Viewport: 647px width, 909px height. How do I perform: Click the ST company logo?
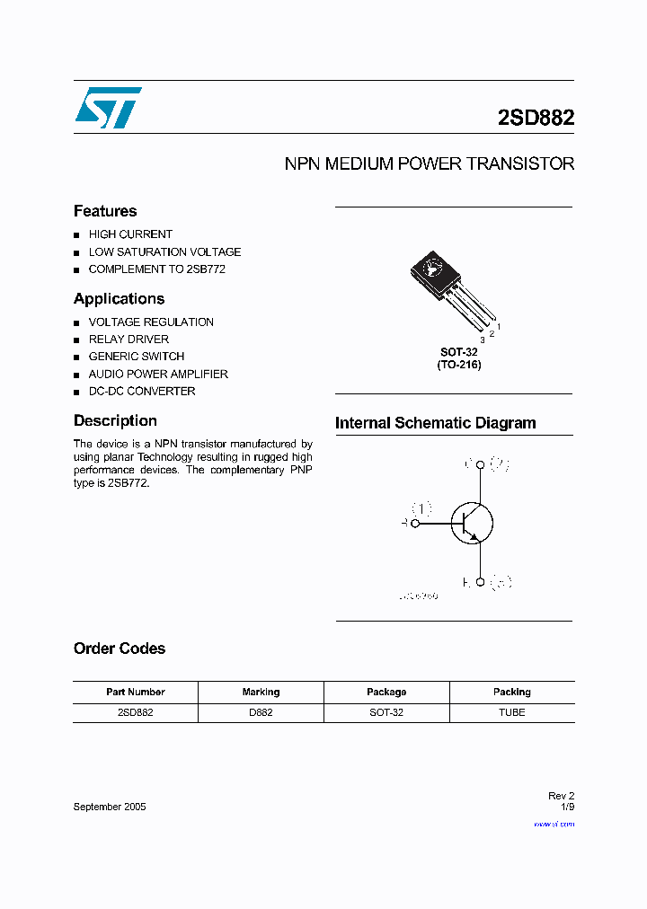pos(108,108)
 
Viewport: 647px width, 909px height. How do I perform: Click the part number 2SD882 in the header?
pos(536,119)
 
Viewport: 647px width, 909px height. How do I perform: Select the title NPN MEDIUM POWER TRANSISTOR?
pos(429,164)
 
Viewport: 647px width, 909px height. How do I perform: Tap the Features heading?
pos(105,211)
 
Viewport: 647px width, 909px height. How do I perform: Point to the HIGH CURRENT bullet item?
pos(130,234)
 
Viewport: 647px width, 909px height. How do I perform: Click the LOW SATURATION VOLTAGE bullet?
pos(164,252)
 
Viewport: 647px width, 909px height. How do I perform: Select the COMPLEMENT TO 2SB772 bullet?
pos(156,269)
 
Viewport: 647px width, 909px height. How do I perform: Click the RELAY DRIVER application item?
pos(129,340)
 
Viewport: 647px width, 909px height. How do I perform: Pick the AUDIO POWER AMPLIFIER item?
pos(158,374)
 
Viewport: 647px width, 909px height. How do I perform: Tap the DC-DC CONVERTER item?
pos(142,392)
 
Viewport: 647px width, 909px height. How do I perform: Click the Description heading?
pos(115,420)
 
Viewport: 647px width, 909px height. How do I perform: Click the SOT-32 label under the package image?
pos(458,353)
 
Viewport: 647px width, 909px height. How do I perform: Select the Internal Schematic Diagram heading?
pos(435,423)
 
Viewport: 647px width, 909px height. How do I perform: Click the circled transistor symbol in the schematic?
pos(472,523)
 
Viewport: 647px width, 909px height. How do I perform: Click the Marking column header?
pos(261,693)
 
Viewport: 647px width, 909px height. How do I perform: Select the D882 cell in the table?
pos(261,712)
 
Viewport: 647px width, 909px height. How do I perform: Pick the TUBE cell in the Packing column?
pos(511,712)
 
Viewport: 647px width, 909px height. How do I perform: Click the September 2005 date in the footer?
pos(110,807)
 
